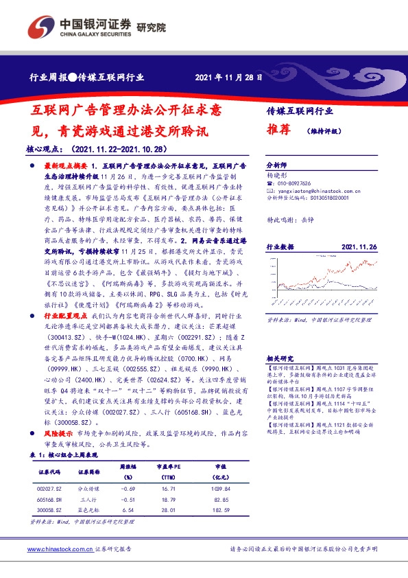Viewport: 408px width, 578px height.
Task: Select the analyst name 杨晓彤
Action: click(276, 176)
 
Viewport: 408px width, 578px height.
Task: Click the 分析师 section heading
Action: click(276, 166)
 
